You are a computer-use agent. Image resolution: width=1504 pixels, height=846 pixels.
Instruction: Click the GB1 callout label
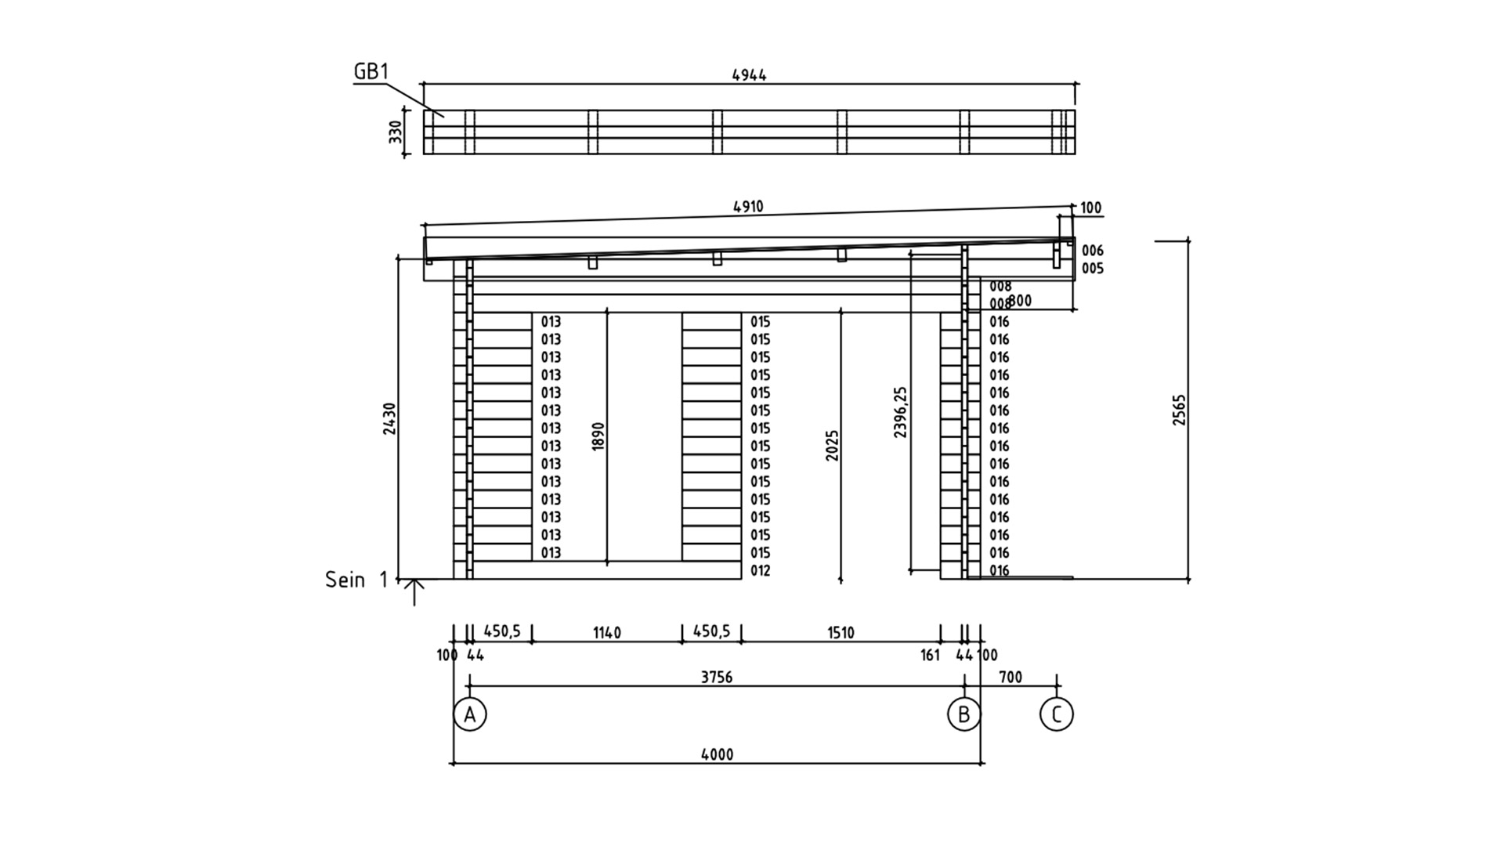(371, 71)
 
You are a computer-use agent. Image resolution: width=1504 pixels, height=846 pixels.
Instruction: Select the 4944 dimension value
(749, 75)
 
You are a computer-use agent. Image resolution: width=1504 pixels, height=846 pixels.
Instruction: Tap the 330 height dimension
(396, 132)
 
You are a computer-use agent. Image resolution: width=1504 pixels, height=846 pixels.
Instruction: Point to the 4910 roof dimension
(748, 207)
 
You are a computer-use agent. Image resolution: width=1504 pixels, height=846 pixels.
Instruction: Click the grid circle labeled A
(470, 714)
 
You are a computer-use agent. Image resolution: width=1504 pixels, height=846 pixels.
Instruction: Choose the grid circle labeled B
(963, 714)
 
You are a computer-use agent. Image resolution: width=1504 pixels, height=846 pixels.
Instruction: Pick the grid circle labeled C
(1057, 714)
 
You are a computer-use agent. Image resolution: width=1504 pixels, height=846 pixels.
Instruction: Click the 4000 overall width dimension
(717, 754)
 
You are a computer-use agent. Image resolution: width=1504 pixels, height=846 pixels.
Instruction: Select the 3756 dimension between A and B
(717, 677)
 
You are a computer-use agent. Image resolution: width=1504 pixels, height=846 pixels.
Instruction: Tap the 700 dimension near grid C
(1010, 677)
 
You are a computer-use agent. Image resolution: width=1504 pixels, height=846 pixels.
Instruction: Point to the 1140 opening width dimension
(607, 632)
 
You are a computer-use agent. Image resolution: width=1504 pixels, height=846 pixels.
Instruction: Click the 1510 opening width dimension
(841, 632)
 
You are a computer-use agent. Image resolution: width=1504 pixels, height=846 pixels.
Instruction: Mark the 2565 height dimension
(1180, 410)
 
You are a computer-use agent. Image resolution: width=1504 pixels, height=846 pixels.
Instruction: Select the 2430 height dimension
(389, 418)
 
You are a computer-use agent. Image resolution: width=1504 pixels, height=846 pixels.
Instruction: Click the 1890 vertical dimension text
(598, 436)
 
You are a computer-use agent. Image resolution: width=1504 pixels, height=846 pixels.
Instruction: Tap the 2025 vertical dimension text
(832, 445)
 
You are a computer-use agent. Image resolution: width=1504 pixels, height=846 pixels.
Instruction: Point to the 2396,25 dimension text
(901, 412)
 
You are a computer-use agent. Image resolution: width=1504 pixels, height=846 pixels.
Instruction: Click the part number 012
(760, 570)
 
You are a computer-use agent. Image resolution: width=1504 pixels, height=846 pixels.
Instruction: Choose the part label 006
(1092, 251)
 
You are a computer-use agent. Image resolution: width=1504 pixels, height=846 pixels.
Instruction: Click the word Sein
(345, 580)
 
